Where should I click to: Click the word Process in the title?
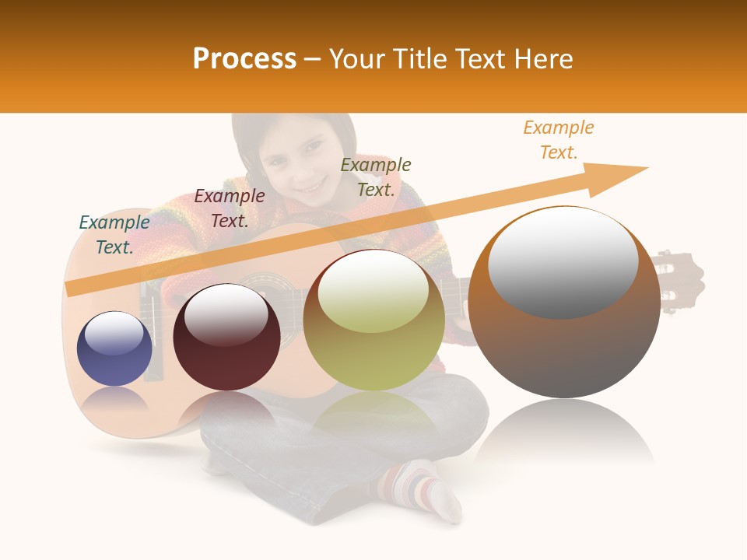[x=244, y=59]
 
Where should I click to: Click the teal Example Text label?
[x=114, y=235]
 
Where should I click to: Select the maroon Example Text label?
[x=230, y=208]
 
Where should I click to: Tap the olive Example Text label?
[x=376, y=177]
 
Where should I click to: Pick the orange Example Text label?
[x=559, y=140]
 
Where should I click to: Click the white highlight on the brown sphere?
[x=563, y=261]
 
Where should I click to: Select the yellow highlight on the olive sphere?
[x=374, y=290]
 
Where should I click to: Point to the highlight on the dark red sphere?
[x=226, y=313]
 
